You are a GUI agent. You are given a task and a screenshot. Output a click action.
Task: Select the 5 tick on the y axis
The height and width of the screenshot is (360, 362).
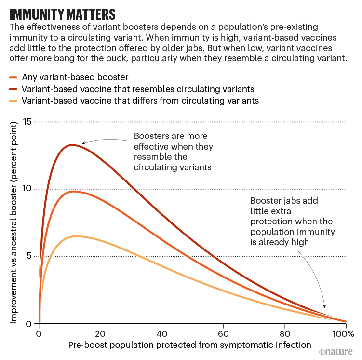coord(29,256)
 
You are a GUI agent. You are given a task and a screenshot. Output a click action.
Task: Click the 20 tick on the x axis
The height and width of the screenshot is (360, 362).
coord(100,333)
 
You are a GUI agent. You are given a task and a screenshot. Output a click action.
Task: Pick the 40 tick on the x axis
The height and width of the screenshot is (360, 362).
coord(162,333)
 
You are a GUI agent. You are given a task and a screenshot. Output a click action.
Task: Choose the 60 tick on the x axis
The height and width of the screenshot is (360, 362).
coord(223,333)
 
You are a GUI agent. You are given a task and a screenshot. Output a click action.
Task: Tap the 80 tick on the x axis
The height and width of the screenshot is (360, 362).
coord(284,333)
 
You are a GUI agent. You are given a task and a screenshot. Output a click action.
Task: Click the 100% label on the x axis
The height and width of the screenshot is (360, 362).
coord(345,333)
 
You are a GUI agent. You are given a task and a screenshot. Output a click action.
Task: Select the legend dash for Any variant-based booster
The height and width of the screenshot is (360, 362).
coord(13,77)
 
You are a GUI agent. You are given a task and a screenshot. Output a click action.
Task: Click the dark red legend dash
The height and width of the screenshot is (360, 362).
coord(13,89)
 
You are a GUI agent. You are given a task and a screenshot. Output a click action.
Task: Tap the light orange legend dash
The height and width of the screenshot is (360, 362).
coord(13,101)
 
